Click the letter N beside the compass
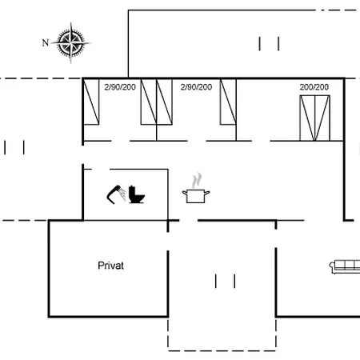(46, 42)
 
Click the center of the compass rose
(70, 42)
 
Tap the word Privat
(110, 266)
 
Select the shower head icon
(116, 194)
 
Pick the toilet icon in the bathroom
(137, 194)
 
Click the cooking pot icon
(196, 196)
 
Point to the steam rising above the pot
(197, 180)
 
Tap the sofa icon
(345, 267)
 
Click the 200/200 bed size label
(314, 87)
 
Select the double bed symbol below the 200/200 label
(315, 118)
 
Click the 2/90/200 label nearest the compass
(120, 87)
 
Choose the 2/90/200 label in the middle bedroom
(196, 87)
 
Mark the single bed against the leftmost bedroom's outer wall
(91, 102)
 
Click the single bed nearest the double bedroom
(228, 102)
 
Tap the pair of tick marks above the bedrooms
(269, 44)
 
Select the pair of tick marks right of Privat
(226, 281)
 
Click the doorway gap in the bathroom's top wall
(101, 169)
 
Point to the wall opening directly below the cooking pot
(189, 221)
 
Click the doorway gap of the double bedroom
(261, 141)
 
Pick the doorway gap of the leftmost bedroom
(121, 141)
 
